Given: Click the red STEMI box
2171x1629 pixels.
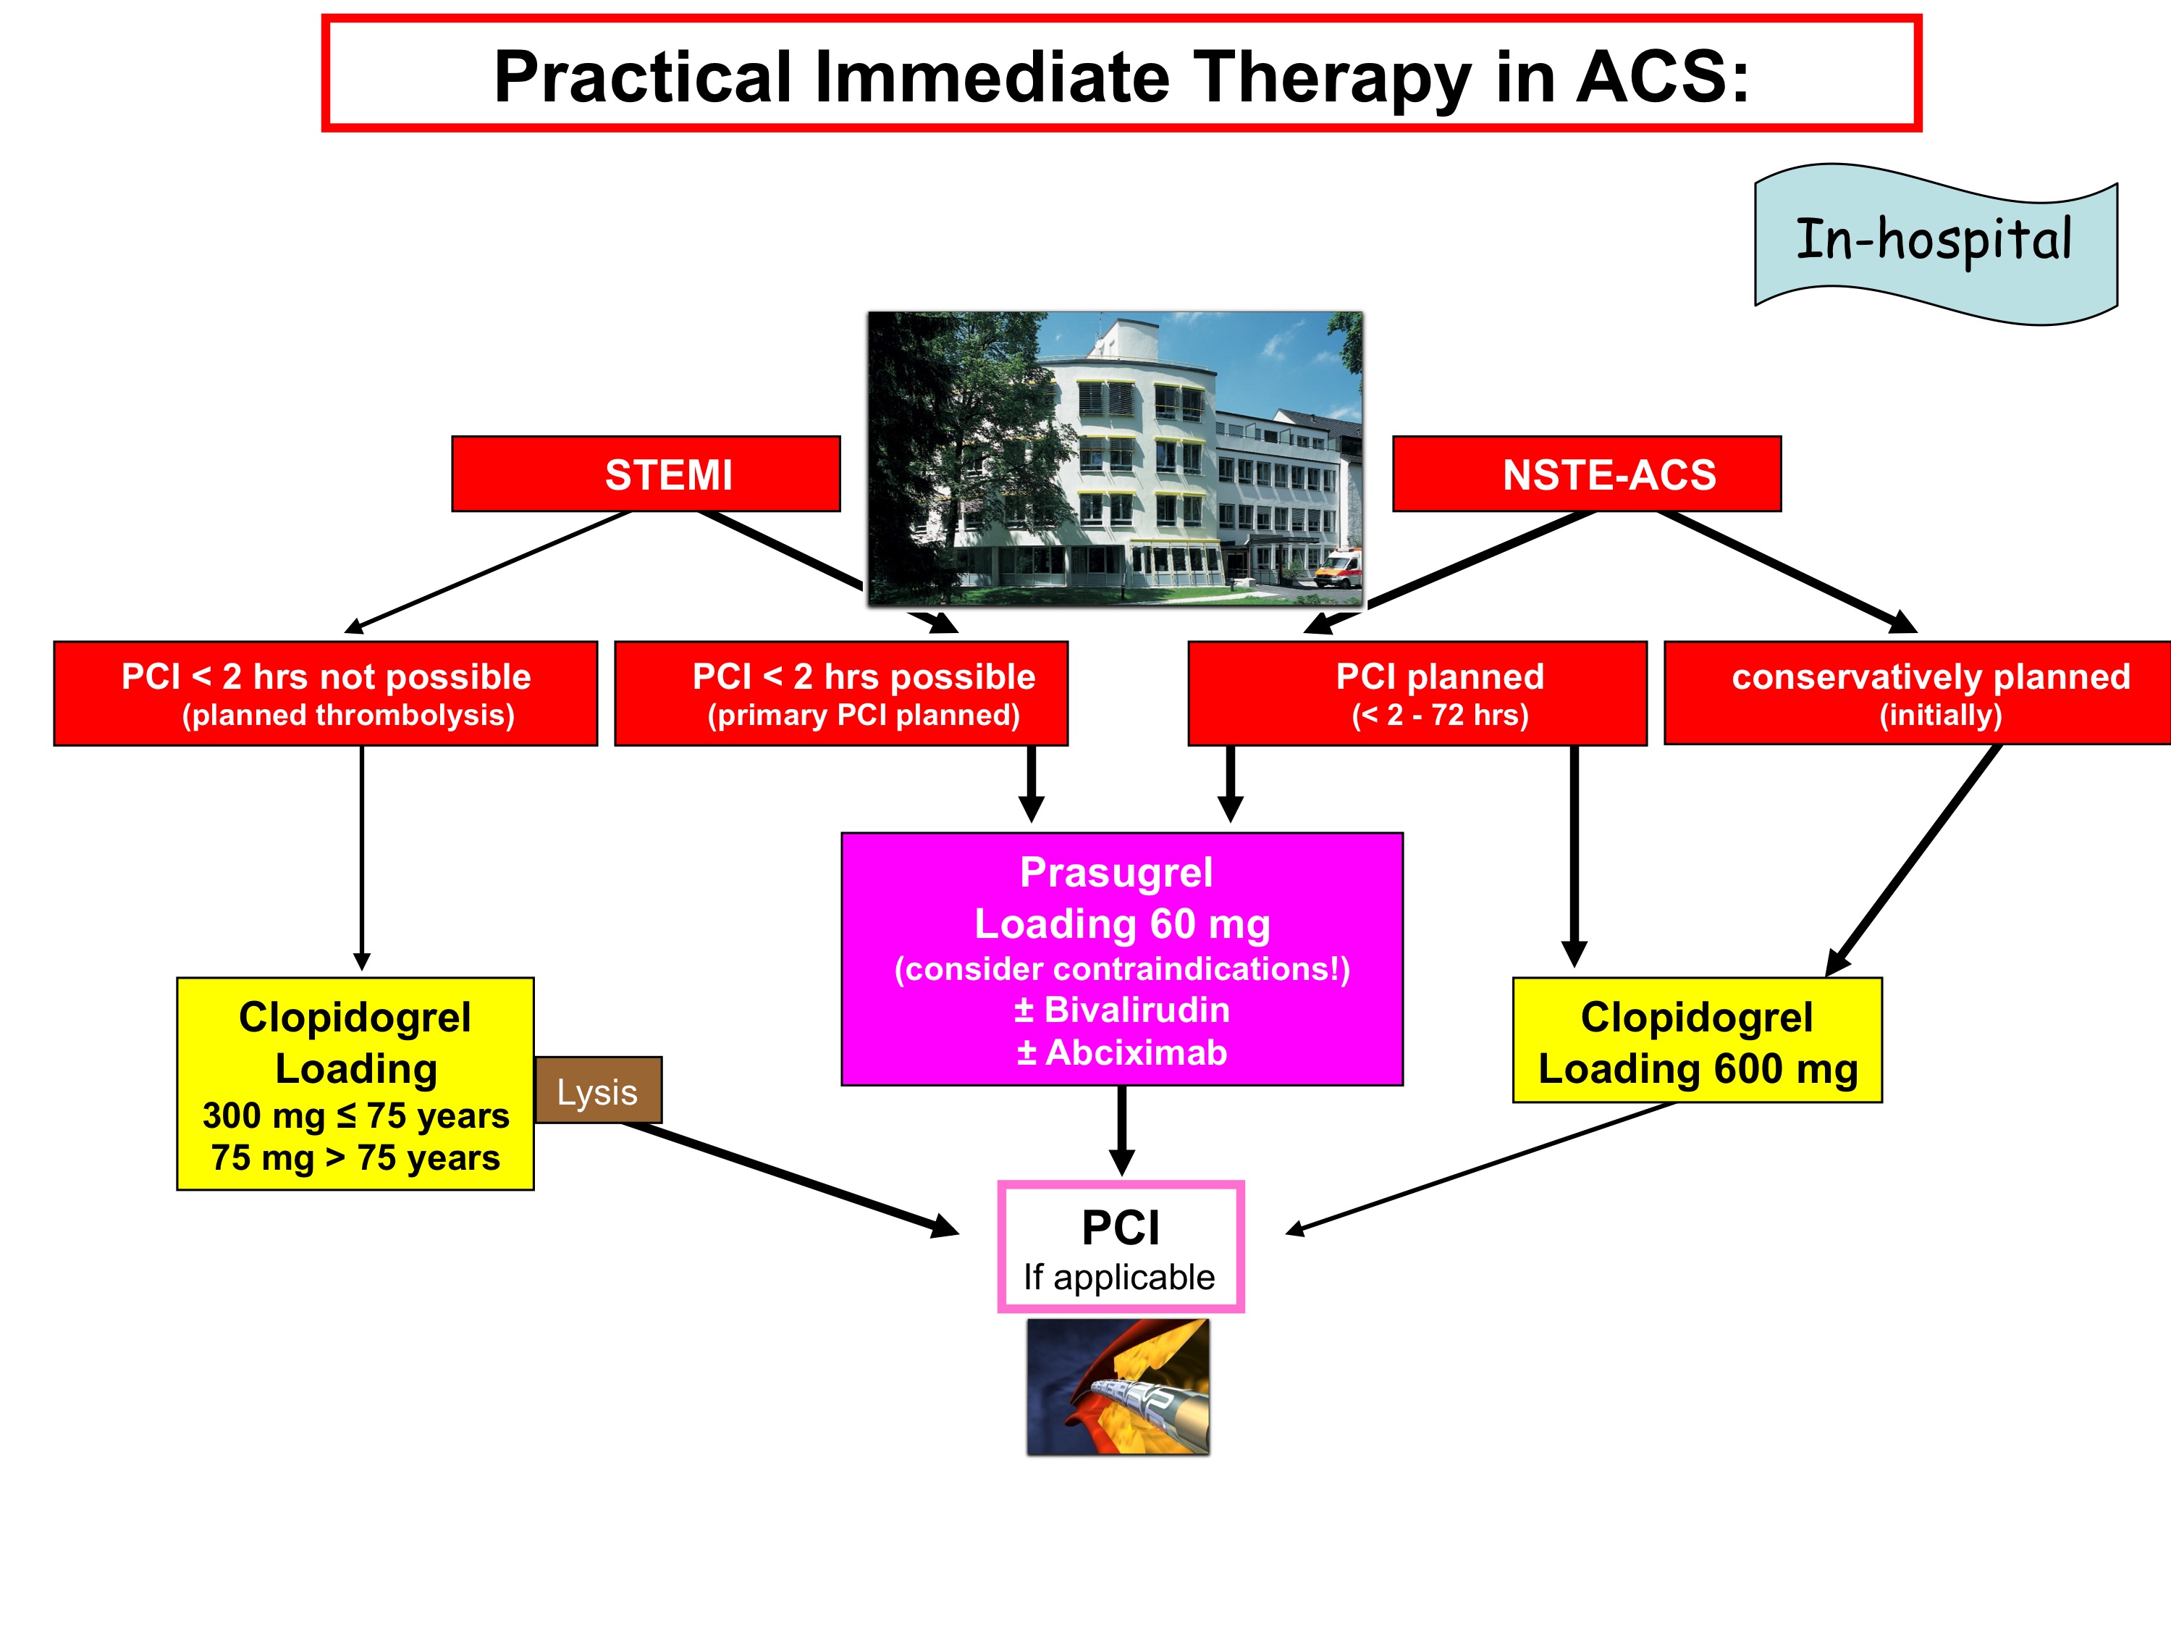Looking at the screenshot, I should click(646, 474).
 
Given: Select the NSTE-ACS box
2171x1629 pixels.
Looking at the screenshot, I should click(1586, 474).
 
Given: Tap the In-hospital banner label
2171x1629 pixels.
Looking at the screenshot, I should click(1934, 241).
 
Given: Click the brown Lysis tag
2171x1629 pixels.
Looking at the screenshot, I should click(598, 1091).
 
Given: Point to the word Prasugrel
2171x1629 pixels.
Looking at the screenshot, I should click(1116, 873).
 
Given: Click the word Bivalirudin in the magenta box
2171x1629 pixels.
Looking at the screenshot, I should click(1137, 1010).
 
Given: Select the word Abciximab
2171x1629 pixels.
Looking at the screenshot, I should click(1136, 1052).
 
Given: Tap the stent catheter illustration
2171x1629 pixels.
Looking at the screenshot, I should click(1118, 1386).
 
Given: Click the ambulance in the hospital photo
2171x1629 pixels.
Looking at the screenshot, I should click(1337, 568).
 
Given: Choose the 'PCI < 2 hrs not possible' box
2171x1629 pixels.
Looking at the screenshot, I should click(326, 693).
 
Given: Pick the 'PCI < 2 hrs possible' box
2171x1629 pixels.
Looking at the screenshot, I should click(841, 693).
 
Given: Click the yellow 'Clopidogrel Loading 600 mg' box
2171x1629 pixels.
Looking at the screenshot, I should click(1697, 1041).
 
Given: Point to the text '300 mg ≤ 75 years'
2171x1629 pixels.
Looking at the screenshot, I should click(355, 1115).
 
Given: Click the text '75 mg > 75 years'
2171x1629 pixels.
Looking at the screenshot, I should click(355, 1159).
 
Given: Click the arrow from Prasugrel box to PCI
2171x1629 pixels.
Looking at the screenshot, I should click(1122, 1129).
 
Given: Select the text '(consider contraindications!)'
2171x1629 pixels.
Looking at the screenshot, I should click(1122, 969).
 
